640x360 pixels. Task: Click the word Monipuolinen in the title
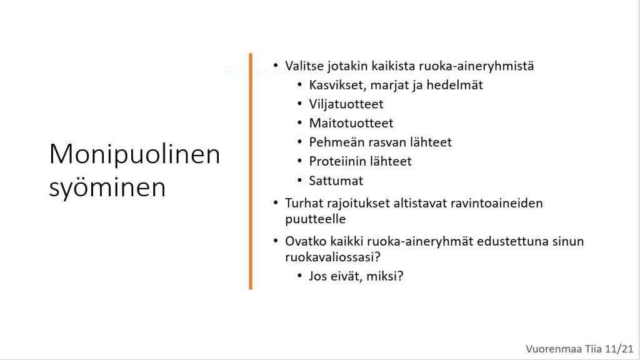(x=135, y=155)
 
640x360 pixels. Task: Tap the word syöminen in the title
(x=107, y=187)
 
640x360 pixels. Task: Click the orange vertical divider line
(x=251, y=171)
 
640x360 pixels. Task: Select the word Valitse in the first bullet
(x=304, y=66)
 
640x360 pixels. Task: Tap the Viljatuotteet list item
(x=346, y=104)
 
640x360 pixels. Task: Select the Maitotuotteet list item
(x=351, y=123)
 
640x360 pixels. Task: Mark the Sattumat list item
(x=336, y=181)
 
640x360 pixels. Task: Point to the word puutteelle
(x=316, y=219)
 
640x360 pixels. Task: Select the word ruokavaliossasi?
(x=332, y=257)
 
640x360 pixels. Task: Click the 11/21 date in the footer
(x=619, y=349)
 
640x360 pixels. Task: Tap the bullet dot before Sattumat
(x=299, y=180)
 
